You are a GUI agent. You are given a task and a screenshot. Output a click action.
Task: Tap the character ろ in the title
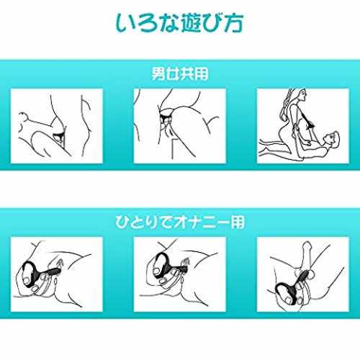point(148,23)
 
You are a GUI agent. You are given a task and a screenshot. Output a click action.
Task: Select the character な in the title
point(168,23)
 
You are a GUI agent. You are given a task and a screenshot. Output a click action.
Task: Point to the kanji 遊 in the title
point(191,22)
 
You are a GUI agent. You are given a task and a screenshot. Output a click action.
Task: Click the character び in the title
point(212,22)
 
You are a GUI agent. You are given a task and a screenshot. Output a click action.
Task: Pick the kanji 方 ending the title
point(233,23)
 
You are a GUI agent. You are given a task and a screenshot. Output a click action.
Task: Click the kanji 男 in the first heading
point(158,73)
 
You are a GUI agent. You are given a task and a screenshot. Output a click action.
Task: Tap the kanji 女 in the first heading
point(173,73)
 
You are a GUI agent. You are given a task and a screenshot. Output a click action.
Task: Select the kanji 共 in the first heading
point(186,73)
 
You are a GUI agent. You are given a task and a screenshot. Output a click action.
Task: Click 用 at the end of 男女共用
point(201,73)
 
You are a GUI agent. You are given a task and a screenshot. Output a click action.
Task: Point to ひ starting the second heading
point(123,222)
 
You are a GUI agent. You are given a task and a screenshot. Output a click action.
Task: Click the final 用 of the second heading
point(238,222)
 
